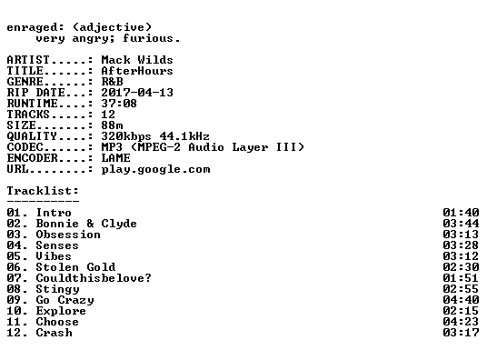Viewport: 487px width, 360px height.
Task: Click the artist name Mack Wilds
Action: [x=137, y=60]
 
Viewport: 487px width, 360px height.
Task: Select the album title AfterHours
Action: [x=137, y=71]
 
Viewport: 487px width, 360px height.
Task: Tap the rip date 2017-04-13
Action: [x=137, y=93]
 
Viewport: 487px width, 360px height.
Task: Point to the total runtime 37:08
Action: [x=119, y=104]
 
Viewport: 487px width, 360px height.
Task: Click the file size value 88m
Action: [x=112, y=125]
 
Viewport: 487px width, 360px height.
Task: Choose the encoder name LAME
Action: [x=115, y=158]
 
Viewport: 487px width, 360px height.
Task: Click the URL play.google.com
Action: [x=155, y=169]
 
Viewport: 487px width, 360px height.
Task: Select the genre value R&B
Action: [x=112, y=82]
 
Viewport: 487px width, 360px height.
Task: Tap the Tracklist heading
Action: [x=43, y=191]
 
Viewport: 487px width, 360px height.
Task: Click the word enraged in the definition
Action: [x=32, y=27]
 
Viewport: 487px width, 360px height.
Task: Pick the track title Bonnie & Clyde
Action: [x=86, y=224]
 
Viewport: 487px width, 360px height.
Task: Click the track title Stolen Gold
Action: [x=75, y=267]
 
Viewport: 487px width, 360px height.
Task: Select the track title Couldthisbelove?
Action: [x=94, y=278]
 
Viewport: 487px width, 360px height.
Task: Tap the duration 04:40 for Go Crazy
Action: [x=461, y=300]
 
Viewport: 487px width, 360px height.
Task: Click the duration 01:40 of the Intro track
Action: [x=461, y=213]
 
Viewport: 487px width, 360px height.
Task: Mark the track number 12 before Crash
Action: [x=14, y=333]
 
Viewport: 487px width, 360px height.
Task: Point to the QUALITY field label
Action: [x=32, y=136]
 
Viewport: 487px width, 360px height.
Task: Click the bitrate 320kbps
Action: [x=126, y=136]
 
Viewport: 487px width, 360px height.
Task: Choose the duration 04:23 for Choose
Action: [x=461, y=322]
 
